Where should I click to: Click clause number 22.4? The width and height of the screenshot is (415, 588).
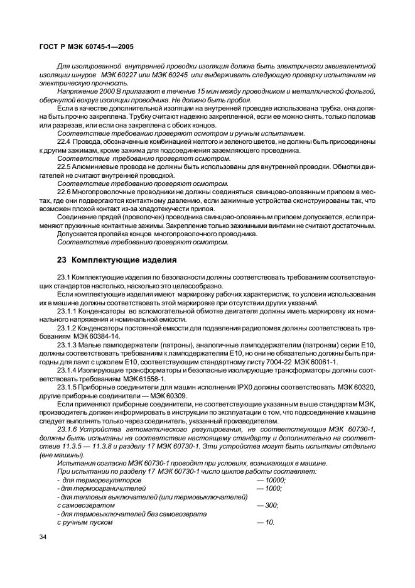(64, 143)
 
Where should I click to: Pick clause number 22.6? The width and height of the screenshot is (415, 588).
(64, 191)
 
